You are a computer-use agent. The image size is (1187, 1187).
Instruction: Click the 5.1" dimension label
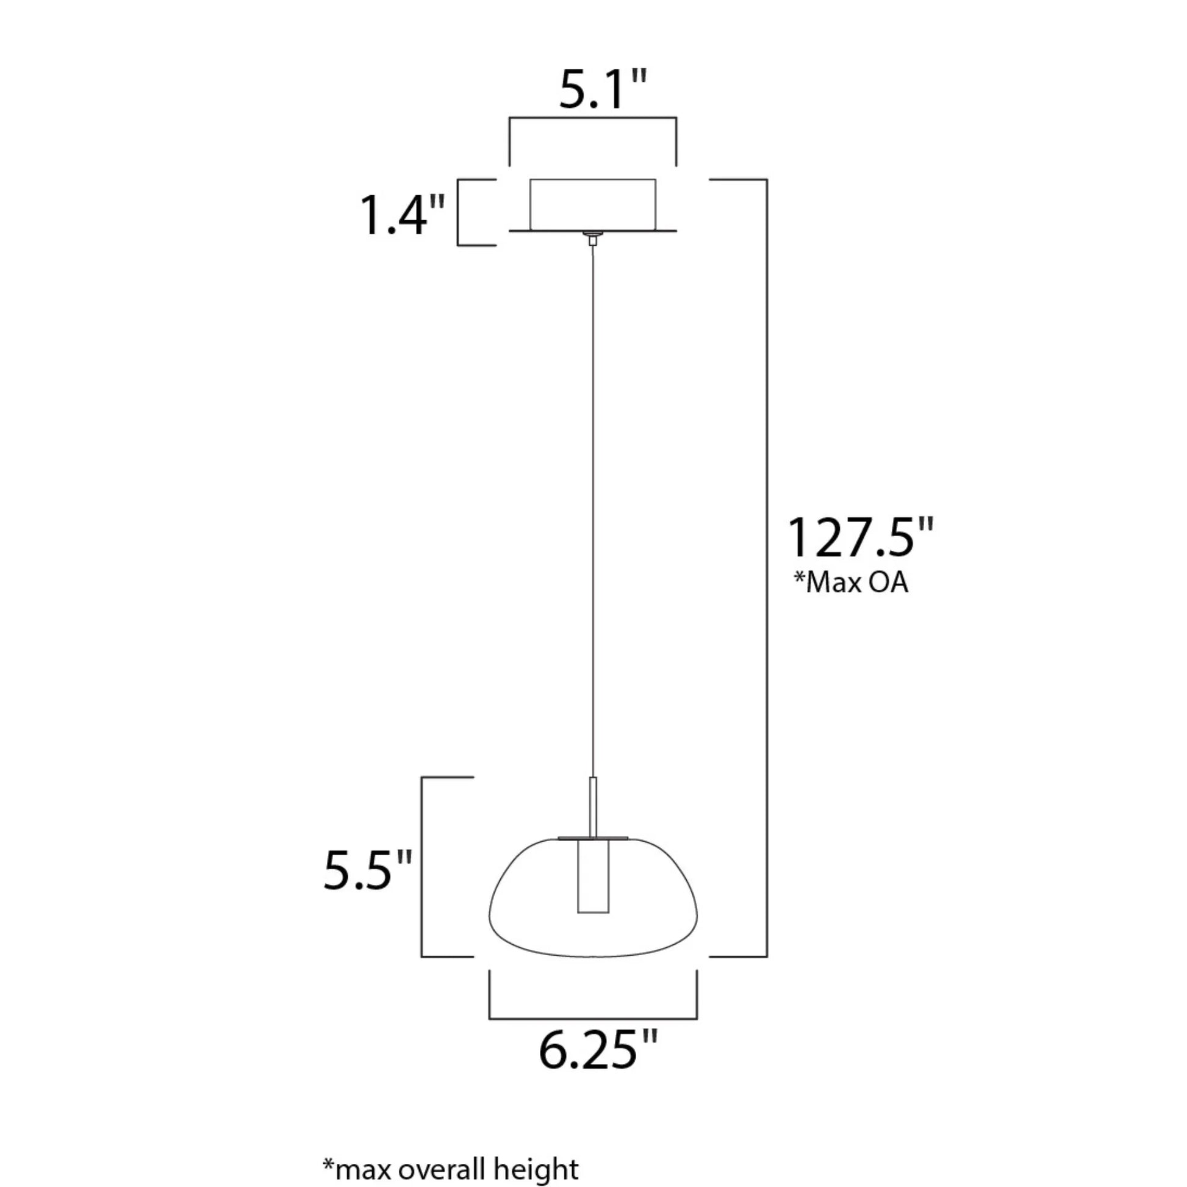(603, 90)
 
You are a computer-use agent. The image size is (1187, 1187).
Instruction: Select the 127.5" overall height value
(860, 537)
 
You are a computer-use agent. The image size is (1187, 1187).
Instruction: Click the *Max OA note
(850, 583)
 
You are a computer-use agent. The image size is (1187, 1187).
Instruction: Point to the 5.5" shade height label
(367, 870)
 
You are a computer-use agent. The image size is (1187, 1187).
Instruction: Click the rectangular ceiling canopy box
(593, 203)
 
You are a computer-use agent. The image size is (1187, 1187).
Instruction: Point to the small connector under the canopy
(593, 239)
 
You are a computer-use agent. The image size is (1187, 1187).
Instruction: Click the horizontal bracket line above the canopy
(593, 118)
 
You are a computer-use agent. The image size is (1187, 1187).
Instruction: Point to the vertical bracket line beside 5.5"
(421, 866)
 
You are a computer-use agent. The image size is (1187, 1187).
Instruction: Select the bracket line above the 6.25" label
(593, 1019)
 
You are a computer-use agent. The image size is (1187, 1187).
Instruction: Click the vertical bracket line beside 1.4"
(458, 213)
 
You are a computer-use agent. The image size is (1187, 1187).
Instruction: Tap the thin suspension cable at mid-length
(593, 510)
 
